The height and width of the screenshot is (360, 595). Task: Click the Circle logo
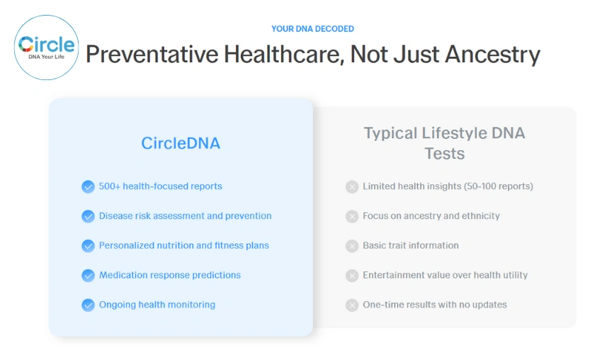point(47,47)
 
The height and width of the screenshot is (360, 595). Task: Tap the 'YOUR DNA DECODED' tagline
point(312,29)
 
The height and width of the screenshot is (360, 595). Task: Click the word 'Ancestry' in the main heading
point(492,55)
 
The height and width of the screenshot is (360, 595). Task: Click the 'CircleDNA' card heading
point(181,143)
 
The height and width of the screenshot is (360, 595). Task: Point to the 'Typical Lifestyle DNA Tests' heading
point(444,142)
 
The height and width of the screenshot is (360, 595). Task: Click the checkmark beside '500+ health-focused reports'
point(88,186)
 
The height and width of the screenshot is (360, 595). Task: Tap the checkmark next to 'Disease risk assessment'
point(88,216)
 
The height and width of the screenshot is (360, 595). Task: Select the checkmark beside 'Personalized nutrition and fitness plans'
point(88,246)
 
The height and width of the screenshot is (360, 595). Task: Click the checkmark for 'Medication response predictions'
point(88,275)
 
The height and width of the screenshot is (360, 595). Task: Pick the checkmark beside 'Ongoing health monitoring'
point(88,305)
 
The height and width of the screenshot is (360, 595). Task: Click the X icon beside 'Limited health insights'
point(352,186)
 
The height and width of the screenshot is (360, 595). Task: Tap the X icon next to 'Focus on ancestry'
point(352,216)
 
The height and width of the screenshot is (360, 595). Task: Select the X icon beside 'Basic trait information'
point(352,246)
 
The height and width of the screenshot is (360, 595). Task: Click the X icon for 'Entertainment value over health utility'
point(352,275)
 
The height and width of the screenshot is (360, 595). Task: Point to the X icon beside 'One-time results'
point(352,305)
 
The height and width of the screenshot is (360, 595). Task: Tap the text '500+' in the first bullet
point(110,186)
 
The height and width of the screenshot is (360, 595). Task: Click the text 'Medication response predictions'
point(170,275)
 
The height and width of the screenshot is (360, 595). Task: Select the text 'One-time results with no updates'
point(435,305)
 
